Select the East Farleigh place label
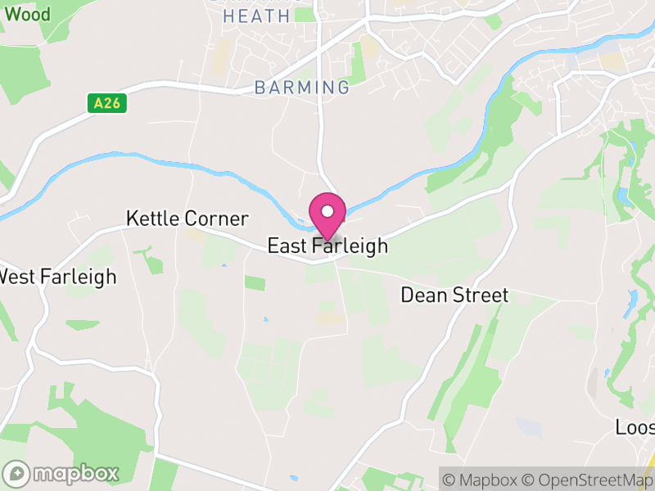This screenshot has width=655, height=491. (x=327, y=246)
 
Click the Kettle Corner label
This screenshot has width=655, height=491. (x=187, y=218)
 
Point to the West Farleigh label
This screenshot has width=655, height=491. (x=57, y=277)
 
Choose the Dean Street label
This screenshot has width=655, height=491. (x=454, y=295)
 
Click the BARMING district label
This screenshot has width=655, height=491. (x=301, y=87)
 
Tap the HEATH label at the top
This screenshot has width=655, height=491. (x=256, y=16)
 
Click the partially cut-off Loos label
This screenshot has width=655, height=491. (x=635, y=427)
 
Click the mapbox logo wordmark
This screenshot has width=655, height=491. (x=74, y=474)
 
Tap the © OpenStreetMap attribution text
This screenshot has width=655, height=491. (x=588, y=480)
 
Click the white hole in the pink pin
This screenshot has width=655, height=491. (x=327, y=211)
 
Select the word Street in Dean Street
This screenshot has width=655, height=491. (x=477, y=295)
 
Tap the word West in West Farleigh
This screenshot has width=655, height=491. (x=16, y=277)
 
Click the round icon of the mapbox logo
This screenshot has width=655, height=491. (x=16, y=474)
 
